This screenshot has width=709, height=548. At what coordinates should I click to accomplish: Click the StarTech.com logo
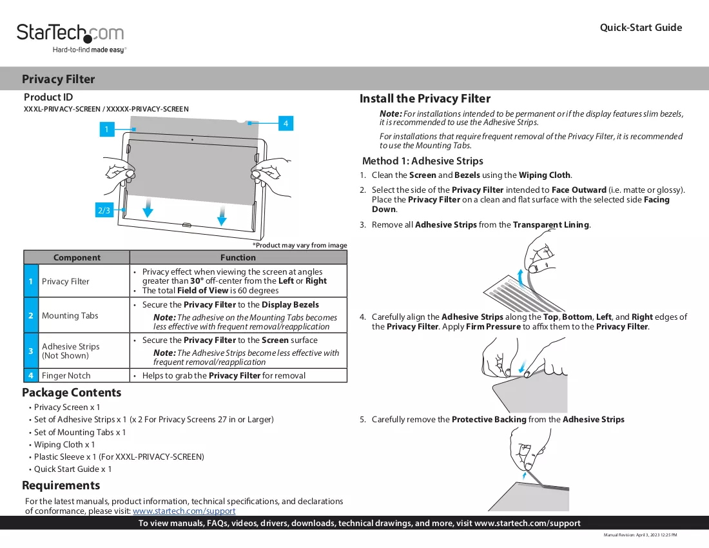pos(70,38)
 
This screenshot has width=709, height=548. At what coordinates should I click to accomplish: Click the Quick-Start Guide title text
pos(641,28)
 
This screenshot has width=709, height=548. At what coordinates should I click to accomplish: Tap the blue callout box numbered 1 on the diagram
pos(107,130)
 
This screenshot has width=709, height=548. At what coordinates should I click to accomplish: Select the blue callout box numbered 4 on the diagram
pos(286,123)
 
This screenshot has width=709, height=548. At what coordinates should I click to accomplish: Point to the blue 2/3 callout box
pos(104,210)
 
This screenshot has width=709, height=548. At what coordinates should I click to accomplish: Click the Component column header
pos(77,257)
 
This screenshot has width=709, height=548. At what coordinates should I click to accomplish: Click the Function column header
pos(238,257)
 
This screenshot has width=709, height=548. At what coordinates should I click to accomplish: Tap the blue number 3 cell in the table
pos(31,351)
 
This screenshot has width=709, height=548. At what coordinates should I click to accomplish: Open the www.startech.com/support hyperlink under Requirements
pos(184,511)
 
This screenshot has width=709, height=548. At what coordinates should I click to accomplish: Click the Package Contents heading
pos(72,393)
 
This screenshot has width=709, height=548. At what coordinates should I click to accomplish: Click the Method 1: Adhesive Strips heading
pos(422,161)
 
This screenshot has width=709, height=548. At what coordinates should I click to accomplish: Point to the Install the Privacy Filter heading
pos(425,99)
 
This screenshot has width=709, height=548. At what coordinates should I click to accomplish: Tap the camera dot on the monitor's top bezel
pos(192,140)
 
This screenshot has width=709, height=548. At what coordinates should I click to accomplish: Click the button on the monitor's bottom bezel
pos(186,225)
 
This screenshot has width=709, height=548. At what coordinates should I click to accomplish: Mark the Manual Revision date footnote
pos(640,535)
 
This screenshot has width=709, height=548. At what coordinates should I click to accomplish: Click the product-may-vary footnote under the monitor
pos(300,245)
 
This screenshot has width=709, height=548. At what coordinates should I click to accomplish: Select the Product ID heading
pos(48,97)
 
